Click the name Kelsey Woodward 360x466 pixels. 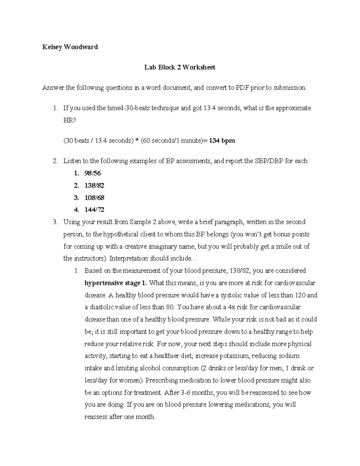[x=70, y=47]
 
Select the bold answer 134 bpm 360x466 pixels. [x=222, y=141]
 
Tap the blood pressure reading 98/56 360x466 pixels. [x=93, y=173]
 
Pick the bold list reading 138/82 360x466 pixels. [x=94, y=186]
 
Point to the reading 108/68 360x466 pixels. [x=94, y=198]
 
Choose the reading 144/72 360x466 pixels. [x=94, y=210]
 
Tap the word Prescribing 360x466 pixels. [x=163, y=380]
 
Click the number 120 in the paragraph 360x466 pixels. [x=300, y=295]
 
